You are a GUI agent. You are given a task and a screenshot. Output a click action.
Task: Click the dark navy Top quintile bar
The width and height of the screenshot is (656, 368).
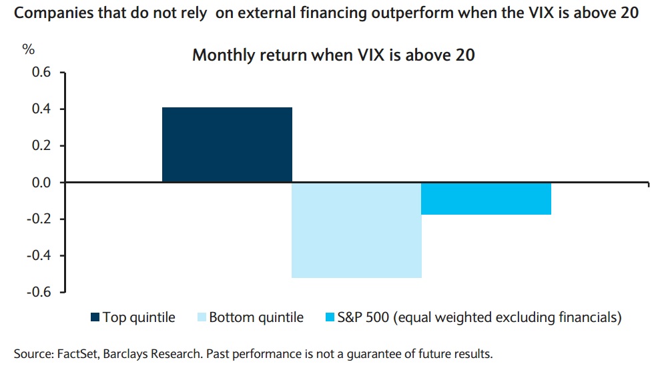click(x=227, y=145)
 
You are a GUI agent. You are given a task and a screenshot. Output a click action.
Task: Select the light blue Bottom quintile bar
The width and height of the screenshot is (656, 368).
click(x=357, y=230)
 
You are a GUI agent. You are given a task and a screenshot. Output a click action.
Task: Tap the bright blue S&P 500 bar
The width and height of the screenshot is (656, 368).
click(x=486, y=199)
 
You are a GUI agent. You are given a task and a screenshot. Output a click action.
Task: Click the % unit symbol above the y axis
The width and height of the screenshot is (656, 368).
click(x=29, y=49)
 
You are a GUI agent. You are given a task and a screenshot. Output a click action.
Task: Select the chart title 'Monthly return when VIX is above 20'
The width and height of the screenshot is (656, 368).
click(x=334, y=55)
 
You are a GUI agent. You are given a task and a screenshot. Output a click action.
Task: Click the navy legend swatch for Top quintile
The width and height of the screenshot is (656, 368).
click(x=95, y=318)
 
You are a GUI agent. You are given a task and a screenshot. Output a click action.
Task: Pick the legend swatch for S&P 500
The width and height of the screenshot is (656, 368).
click(x=328, y=318)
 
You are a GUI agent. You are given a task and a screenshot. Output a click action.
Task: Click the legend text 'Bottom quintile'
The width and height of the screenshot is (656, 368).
click(x=256, y=318)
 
